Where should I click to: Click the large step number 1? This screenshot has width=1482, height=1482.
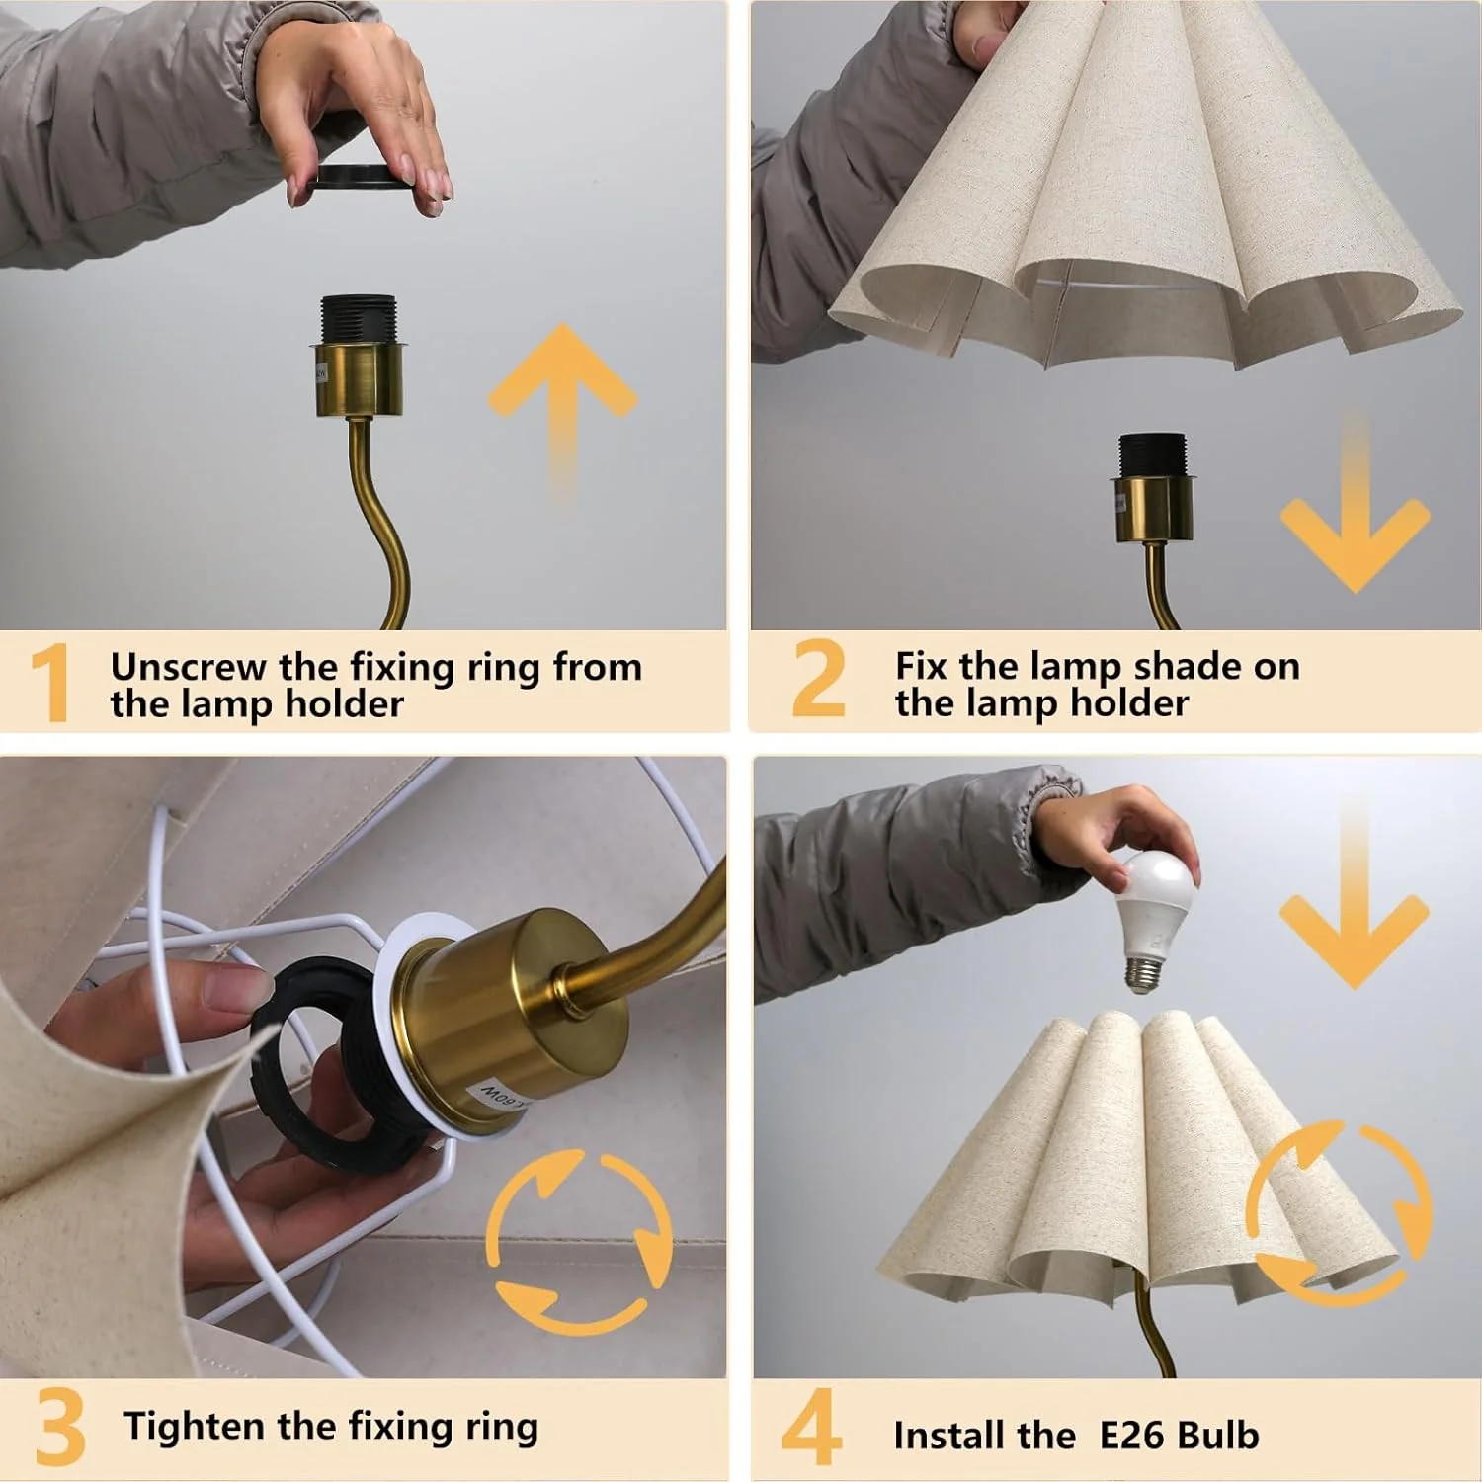[x=49, y=683]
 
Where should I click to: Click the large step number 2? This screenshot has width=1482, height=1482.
[x=818, y=679]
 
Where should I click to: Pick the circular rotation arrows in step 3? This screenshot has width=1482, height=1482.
[x=579, y=1241]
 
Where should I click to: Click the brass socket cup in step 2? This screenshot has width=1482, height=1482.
[x=1153, y=509]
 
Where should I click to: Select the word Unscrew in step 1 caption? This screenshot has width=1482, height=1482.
[x=188, y=668]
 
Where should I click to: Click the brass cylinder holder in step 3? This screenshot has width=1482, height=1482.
[x=514, y=1018]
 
